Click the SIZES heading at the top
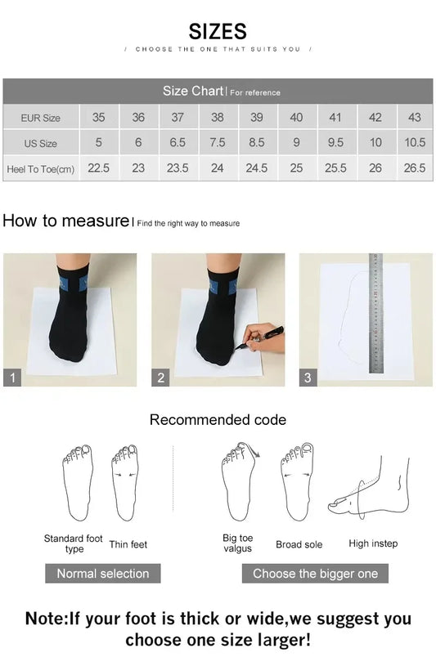218,31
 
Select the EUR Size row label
41,118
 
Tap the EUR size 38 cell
217,118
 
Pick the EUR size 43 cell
414,118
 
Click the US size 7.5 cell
217,142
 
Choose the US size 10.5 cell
414,142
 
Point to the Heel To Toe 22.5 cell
98,168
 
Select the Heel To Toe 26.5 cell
414,168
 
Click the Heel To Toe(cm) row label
41,168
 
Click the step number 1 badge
12,378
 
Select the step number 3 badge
308,378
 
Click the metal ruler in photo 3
376,315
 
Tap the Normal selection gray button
103,574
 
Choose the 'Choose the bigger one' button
315,574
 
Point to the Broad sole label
299,544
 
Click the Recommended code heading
218,420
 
